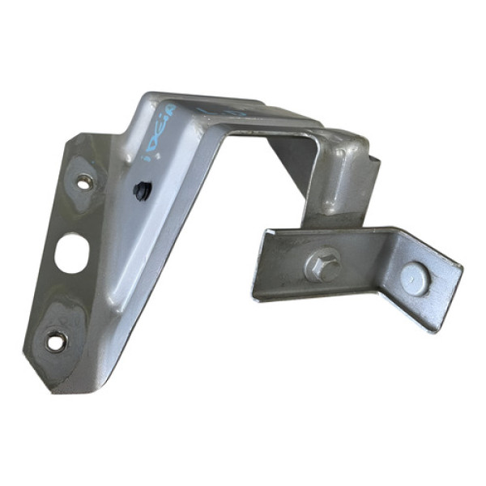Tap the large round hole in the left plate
tap(70, 249)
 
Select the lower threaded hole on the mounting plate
tap(55, 342)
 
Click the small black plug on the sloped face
tap(139, 191)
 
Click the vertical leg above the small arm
tap(340, 182)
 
